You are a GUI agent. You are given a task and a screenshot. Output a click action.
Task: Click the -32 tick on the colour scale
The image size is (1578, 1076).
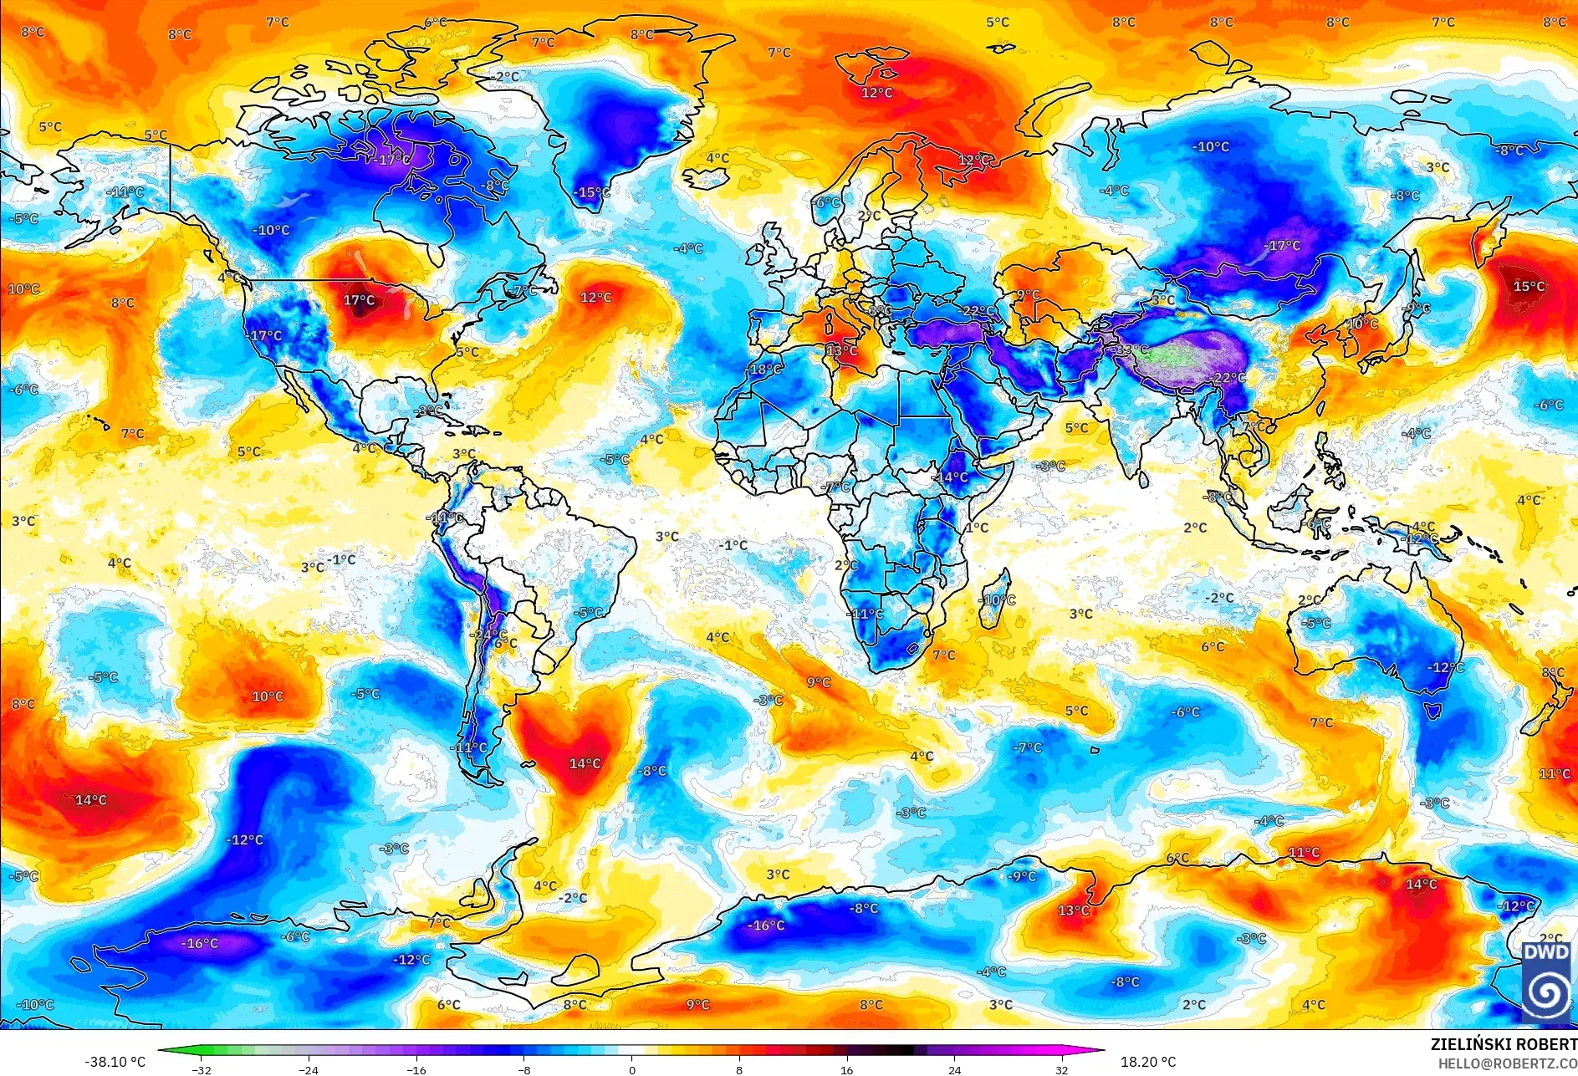point(202,1069)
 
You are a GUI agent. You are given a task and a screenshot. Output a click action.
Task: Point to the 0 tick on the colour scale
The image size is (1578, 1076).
point(632,1069)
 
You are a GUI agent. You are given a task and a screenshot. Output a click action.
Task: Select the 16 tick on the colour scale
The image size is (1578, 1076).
point(847,1069)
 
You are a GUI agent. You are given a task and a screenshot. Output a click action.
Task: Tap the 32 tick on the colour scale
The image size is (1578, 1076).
point(1062,1069)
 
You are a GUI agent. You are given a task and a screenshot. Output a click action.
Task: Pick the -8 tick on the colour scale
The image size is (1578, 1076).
point(524,1069)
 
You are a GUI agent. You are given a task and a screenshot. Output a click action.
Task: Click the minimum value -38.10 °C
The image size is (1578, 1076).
point(115,1062)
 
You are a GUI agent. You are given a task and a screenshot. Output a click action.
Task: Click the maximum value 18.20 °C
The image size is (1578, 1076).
point(1148,1062)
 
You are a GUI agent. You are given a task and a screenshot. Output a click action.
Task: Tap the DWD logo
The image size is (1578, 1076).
point(1545,981)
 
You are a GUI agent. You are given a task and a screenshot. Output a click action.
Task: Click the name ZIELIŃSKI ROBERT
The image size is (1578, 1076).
point(1504,1044)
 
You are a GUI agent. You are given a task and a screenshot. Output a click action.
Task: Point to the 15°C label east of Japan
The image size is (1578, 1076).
point(1529,287)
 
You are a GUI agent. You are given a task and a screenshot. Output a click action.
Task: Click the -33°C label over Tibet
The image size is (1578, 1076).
point(1131,349)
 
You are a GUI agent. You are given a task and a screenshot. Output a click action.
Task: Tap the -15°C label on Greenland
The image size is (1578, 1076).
point(592,192)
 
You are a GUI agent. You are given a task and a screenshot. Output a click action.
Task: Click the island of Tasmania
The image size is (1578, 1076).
point(1432,711)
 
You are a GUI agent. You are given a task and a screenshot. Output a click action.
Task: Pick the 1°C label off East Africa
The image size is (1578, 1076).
point(977,528)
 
